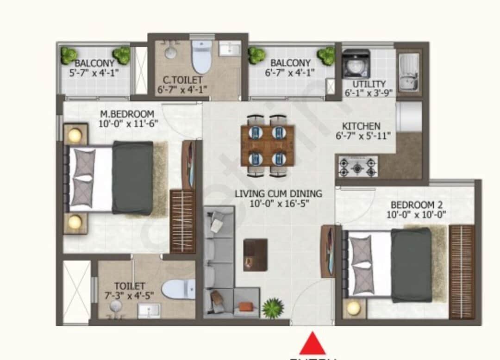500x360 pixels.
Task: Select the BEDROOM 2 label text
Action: [x=413, y=205]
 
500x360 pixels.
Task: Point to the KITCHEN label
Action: [x=361, y=126]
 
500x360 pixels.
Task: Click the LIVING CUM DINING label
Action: [x=278, y=193]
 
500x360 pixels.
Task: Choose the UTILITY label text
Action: [x=369, y=84]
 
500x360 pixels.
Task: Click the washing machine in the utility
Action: [x=356, y=64]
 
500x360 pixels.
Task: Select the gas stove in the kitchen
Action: [x=357, y=167]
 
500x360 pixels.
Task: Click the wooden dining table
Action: [x=268, y=145]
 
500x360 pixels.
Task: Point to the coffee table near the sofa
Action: [x=255, y=254]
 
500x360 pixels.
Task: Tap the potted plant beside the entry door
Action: [x=272, y=308]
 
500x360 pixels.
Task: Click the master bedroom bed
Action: [x=111, y=178]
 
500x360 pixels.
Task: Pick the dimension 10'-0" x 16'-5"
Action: [x=278, y=203]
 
